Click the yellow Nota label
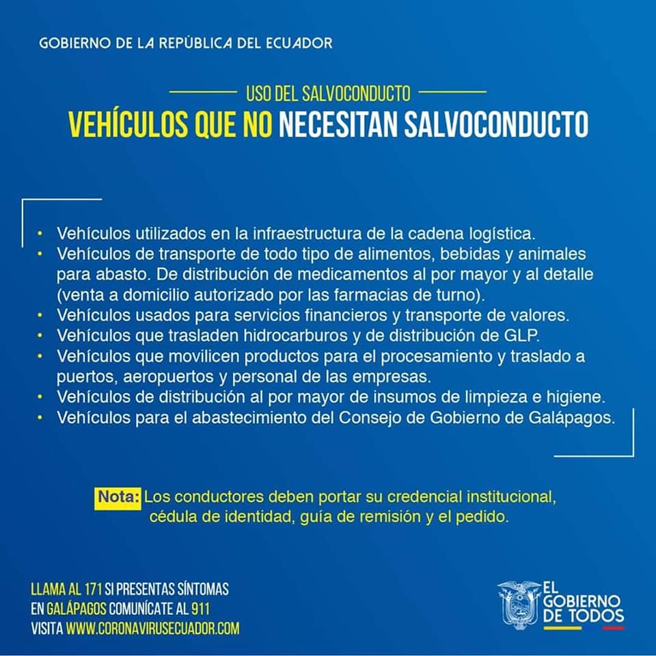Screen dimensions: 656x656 click(x=118, y=495)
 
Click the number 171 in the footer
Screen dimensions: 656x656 click(x=94, y=589)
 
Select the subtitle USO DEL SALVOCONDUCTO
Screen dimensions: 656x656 click(x=328, y=92)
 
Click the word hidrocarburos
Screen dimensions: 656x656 click(x=320, y=336)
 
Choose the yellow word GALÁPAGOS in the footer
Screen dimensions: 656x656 click(x=74, y=609)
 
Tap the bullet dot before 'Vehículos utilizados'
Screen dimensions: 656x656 click(x=40, y=234)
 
